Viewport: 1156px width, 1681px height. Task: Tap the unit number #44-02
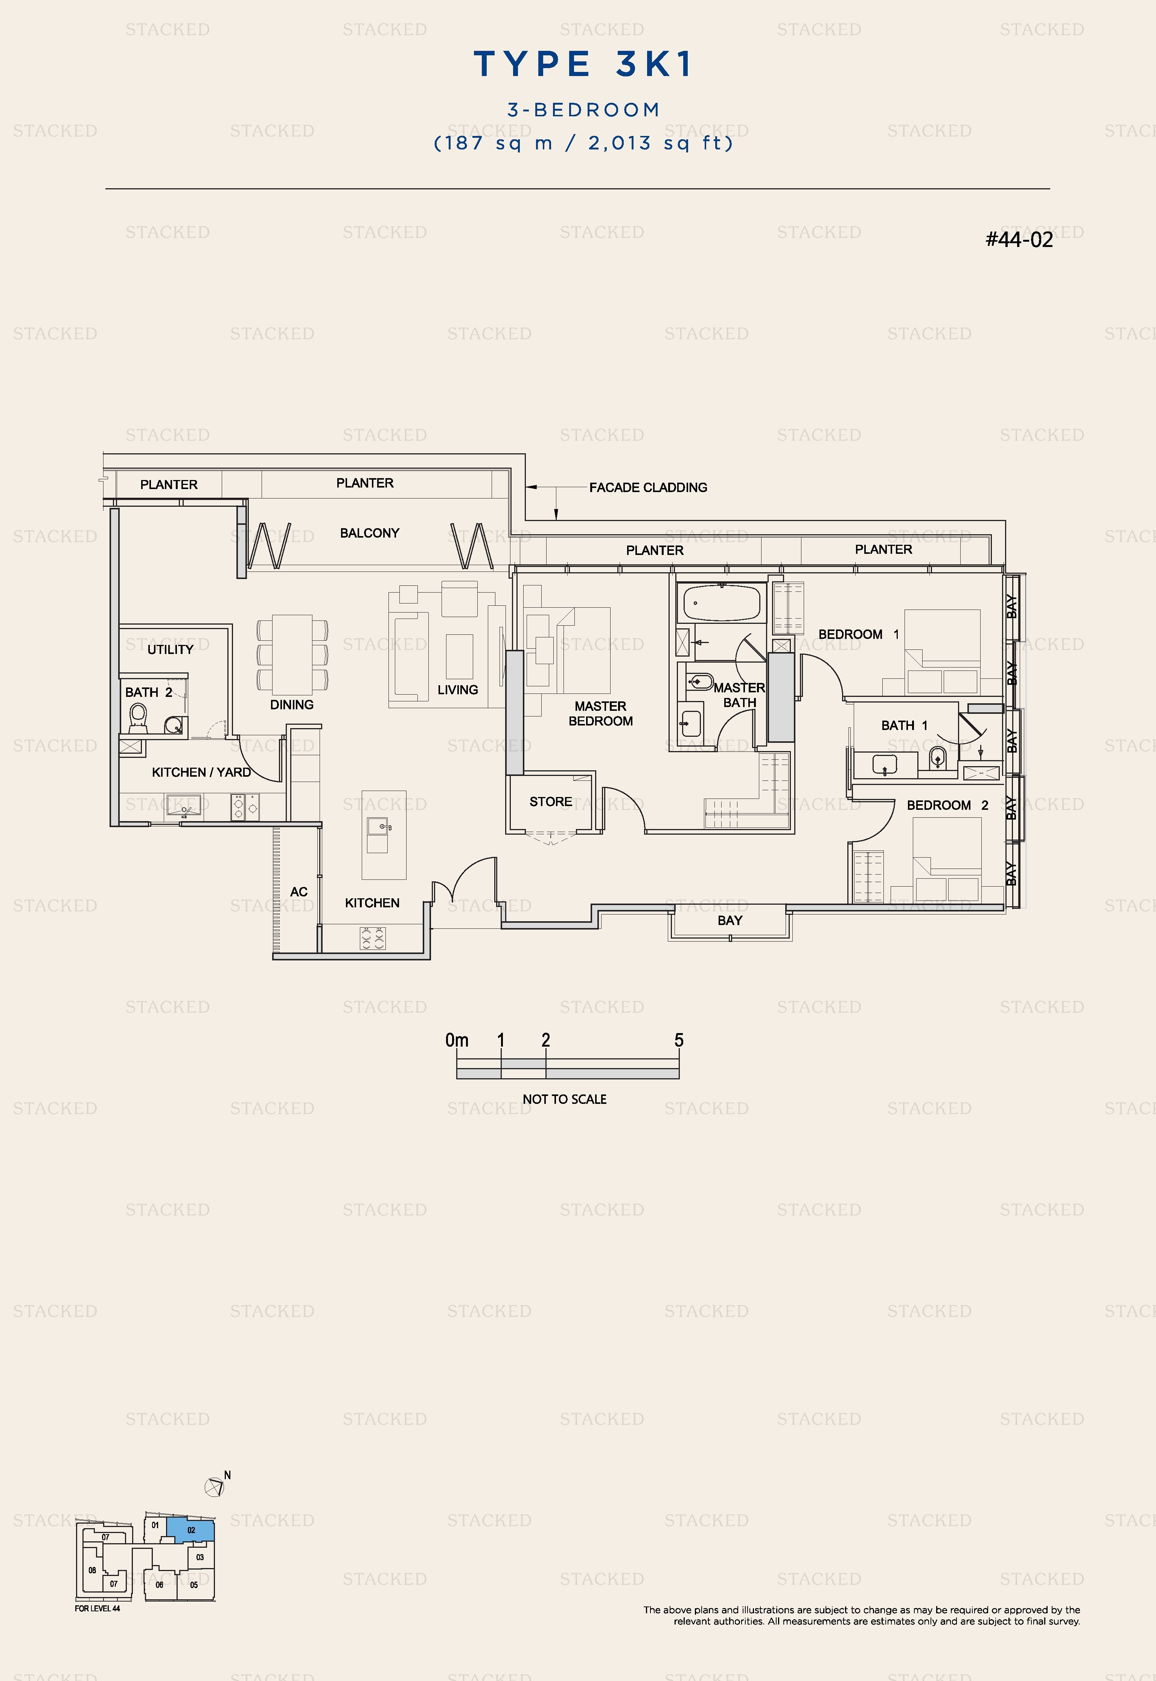click(1019, 240)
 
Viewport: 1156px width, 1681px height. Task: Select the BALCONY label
click(369, 533)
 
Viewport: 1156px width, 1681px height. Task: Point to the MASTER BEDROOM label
click(600, 713)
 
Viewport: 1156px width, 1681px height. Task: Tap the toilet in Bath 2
click(138, 718)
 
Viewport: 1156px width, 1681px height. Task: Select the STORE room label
click(550, 802)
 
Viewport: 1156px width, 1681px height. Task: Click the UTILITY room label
click(170, 650)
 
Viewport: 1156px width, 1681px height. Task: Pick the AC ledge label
click(299, 892)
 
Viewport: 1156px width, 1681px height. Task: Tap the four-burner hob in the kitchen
click(373, 939)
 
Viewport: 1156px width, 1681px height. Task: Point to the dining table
click(292, 654)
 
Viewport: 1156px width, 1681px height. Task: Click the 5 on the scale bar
click(679, 1040)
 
